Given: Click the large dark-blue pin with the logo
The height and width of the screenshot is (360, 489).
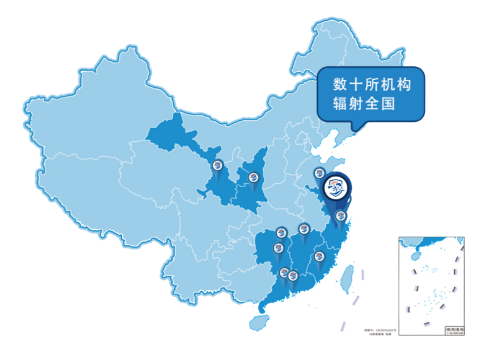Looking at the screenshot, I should [x=337, y=189].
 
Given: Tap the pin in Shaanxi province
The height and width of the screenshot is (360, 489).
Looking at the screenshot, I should [x=254, y=177].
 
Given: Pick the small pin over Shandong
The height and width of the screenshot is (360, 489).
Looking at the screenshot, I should [x=319, y=173].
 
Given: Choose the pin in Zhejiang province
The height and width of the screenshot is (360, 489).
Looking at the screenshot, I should [x=340, y=216].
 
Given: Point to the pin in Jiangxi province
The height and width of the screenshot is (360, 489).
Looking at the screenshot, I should [x=304, y=229].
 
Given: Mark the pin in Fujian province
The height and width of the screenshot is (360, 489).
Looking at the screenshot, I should [x=318, y=257].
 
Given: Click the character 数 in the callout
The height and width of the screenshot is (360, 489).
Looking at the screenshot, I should [x=340, y=85].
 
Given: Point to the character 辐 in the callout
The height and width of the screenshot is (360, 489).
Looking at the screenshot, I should [x=340, y=103].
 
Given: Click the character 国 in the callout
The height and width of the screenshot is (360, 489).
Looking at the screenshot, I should [x=388, y=103].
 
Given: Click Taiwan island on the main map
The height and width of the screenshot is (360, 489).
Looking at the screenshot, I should [x=348, y=277].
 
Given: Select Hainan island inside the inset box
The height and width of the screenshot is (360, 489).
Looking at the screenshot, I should [x=415, y=256].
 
